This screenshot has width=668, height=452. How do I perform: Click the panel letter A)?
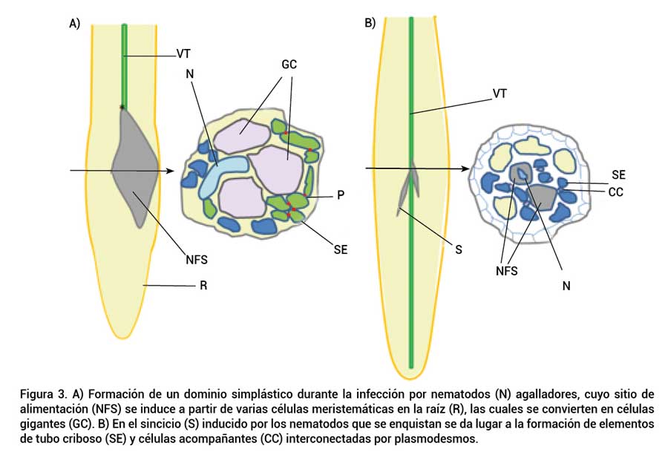click(x=74, y=24)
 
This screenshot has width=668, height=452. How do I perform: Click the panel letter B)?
click(x=370, y=23)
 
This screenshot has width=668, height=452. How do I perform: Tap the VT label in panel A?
click(x=185, y=53)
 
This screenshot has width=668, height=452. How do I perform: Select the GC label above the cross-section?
click(x=289, y=65)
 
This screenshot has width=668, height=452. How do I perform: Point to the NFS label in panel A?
click(x=197, y=260)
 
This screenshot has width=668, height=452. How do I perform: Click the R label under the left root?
click(x=203, y=286)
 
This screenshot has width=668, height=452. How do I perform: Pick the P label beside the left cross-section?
click(x=340, y=194)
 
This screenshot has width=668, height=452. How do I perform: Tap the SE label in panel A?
click(x=341, y=250)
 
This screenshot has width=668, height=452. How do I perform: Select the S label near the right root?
click(x=459, y=250)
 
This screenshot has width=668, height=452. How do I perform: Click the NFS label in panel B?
click(x=507, y=271)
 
